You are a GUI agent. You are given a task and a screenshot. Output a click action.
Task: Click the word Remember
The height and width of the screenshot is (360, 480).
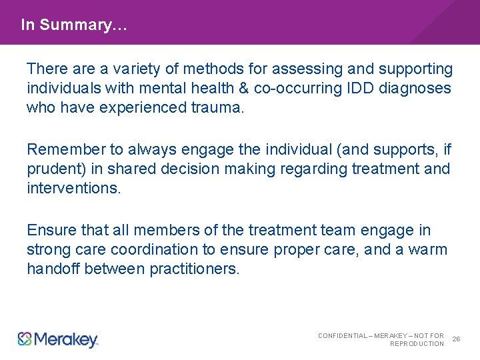coord(66,149)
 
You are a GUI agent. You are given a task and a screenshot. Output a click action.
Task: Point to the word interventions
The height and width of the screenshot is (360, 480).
coord(74,188)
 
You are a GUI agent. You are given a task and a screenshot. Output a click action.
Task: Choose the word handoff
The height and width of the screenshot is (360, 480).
coord(55,269)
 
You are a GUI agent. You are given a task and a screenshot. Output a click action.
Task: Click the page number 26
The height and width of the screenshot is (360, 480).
coord(456,339)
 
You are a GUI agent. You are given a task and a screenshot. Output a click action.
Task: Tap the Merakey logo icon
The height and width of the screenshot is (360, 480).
coord(25,339)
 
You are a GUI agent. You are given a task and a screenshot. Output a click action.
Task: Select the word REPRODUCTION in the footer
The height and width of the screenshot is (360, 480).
coord(417,344)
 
